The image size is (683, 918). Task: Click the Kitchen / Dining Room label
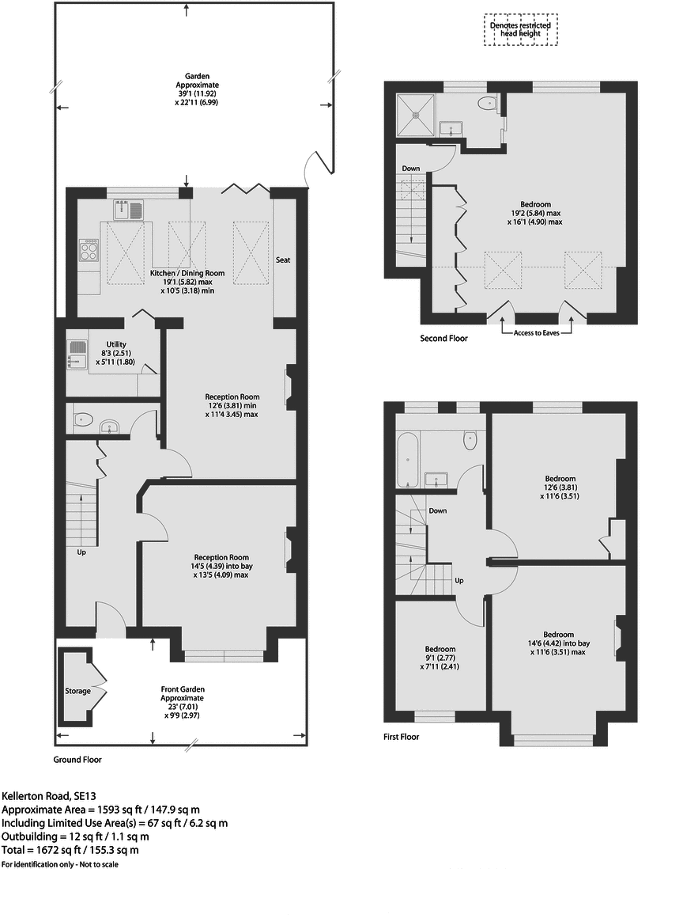coord(187,274)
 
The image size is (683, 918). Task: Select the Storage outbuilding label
coord(77,691)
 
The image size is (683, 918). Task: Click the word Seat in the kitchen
coord(283,260)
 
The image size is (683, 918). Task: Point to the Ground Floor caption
coord(77,760)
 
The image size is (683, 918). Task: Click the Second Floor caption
coord(443,339)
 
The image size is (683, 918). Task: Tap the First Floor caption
coord(401,737)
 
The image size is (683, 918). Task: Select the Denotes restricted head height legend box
coord(520,30)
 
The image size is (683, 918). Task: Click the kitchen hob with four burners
coord(89,252)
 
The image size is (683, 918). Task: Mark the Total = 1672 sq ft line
coord(70,851)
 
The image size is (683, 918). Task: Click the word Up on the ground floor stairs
coord(81,552)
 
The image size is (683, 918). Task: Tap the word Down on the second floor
coord(411,169)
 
